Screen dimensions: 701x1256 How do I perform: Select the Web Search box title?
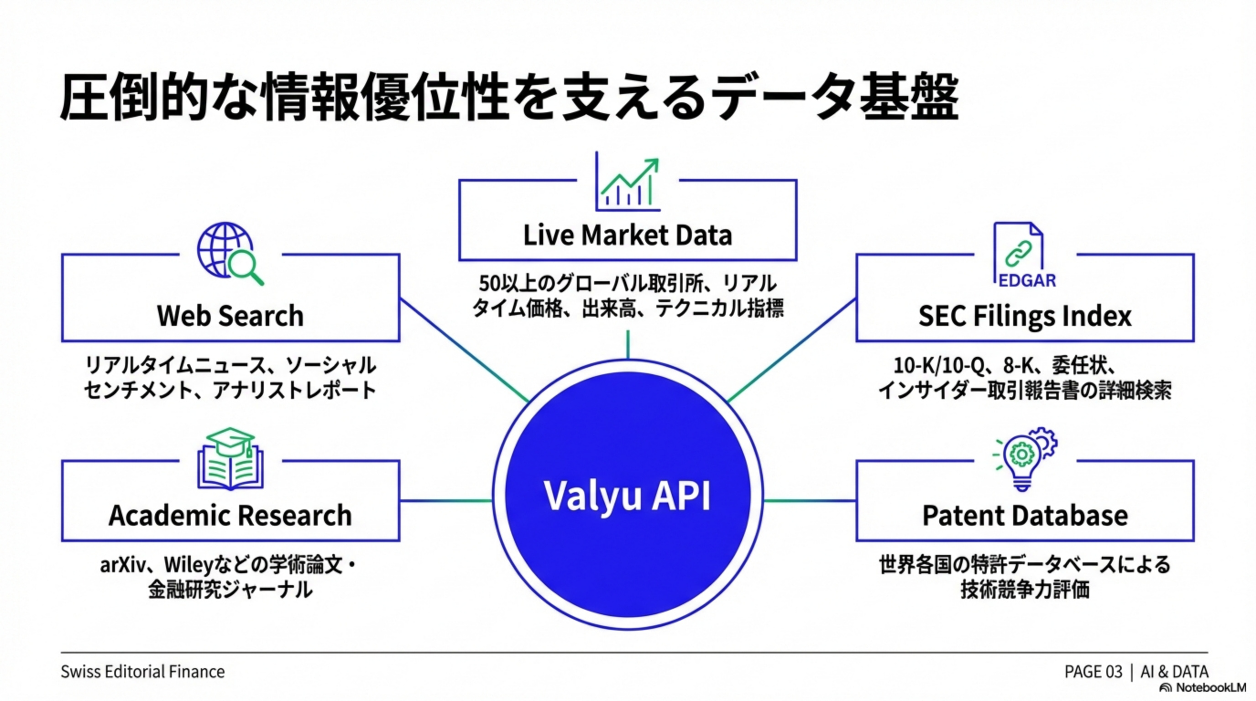[230, 315]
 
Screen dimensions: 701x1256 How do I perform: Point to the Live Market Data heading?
[628, 235]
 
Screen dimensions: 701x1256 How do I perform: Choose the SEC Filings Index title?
[1025, 316]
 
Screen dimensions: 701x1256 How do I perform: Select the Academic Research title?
[230, 515]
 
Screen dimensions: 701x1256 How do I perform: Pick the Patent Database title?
[1025, 515]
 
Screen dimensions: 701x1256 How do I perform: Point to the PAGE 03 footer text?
[1093, 672]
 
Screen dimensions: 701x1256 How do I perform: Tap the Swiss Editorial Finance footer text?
[142, 672]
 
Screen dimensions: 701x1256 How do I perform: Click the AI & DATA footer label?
[1174, 672]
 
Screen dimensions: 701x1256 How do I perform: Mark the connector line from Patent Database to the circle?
[809, 501]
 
